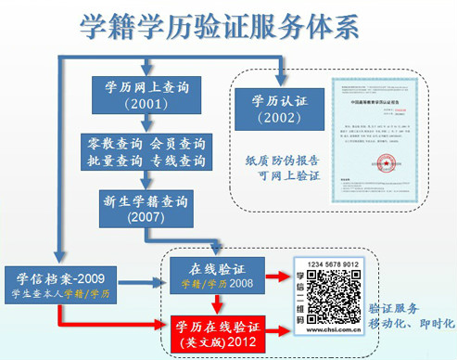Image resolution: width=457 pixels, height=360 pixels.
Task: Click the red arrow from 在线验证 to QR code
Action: pyautogui.click(x=273, y=276)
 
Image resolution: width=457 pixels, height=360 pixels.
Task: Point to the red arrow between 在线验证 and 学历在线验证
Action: pyautogui.click(x=216, y=303)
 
